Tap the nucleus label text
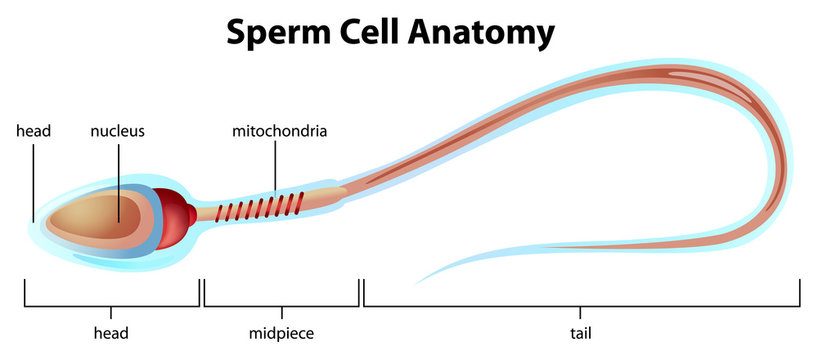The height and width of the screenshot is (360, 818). [118, 131]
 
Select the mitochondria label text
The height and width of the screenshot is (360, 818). [280, 131]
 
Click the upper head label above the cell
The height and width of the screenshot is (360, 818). [33, 131]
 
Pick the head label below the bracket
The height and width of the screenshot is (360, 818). [111, 331]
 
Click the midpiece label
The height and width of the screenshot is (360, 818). [281, 331]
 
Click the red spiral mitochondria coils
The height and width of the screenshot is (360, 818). [265, 207]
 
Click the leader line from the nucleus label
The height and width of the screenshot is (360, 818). [118, 175]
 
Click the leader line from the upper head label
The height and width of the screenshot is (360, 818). [33, 180]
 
